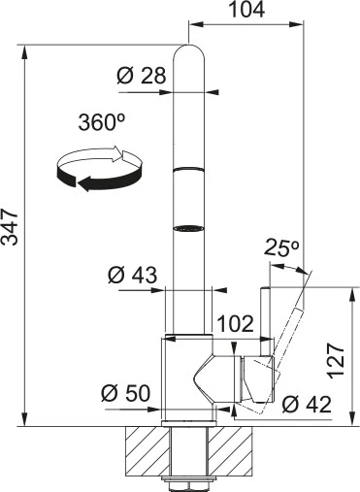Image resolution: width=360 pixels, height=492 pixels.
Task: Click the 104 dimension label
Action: pos(246,10)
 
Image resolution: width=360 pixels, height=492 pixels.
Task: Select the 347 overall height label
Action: pos(10,227)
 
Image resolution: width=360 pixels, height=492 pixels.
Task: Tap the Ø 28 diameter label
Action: pos(142,76)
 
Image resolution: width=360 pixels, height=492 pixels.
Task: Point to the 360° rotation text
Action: pos(102,122)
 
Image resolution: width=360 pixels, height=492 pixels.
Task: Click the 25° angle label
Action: pos(281,248)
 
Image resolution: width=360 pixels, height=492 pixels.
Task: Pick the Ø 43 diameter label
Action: pos(133,276)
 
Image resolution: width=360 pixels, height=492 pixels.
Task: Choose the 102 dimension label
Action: pos(235,323)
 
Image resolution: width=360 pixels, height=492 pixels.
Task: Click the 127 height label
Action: pos(336,361)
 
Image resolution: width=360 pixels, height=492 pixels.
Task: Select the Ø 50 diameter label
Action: pos(126,393)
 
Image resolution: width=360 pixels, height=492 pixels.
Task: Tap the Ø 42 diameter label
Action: pos(307,404)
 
